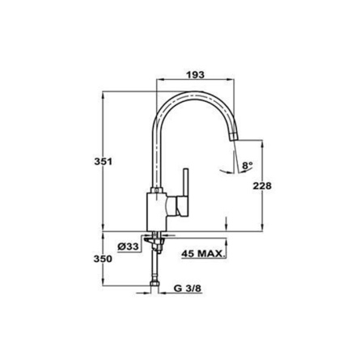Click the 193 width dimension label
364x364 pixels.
[x=196, y=74]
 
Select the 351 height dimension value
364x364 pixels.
[x=103, y=162]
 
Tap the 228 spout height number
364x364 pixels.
[x=262, y=186]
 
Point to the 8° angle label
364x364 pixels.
[x=248, y=165]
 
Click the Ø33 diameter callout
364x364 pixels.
[x=129, y=246]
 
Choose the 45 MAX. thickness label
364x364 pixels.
[x=203, y=253]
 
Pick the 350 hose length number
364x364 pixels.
[x=103, y=259]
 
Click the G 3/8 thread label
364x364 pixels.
[x=188, y=288]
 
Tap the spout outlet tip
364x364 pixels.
[x=234, y=137]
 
